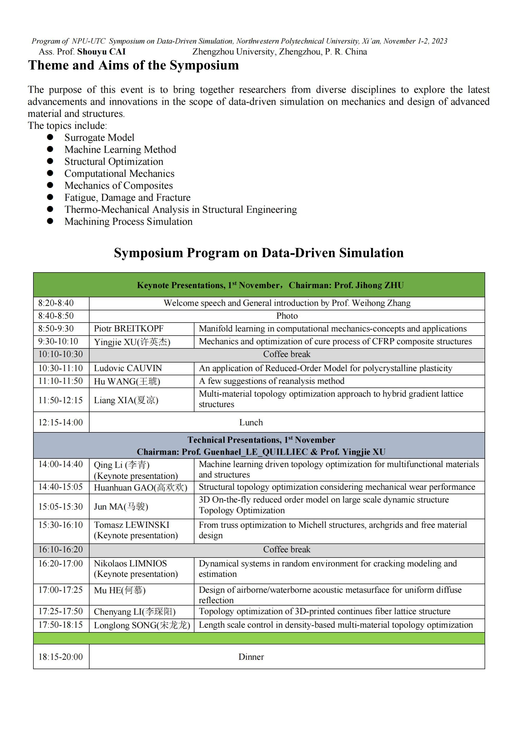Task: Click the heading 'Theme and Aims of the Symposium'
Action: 133,65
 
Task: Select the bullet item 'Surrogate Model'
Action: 99,137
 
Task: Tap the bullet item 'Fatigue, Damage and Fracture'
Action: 127,198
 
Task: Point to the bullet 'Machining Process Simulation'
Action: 128,222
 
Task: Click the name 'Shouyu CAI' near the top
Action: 102,52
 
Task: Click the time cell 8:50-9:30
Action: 56,329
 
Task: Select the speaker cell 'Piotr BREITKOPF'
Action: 129,329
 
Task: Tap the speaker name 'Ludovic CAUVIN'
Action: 128,368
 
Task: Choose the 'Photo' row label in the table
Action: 287,316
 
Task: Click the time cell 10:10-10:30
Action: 60,354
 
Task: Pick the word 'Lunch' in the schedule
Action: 251,422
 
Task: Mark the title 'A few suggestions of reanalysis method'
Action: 271,381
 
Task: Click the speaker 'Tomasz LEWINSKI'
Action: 132,525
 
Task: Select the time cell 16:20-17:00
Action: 60,564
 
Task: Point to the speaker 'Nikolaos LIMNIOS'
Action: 130,564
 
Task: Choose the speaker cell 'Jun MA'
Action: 121,507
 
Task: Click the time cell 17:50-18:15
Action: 60,625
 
